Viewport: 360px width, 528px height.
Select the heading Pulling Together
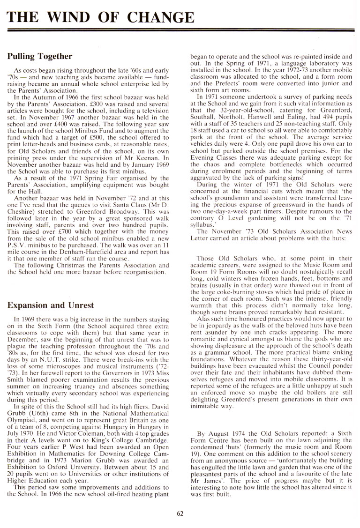click(x=40, y=57)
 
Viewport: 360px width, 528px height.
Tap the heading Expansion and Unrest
click(x=51, y=305)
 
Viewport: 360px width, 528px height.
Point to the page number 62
click(x=180, y=513)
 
